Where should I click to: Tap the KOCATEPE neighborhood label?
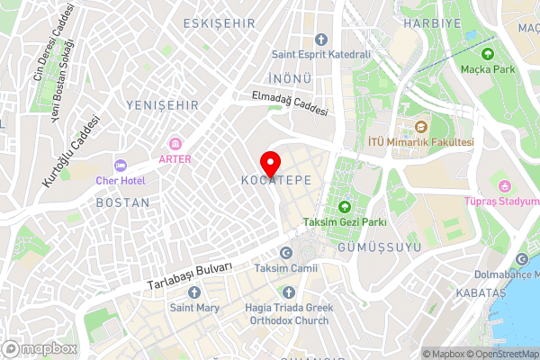click(276, 181)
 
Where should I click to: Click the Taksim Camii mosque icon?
click(286, 253)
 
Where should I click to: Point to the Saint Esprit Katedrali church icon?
click(322, 39)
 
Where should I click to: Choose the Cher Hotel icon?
click(120, 165)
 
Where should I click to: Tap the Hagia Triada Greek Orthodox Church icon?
click(287, 292)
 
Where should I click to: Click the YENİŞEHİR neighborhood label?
click(162, 105)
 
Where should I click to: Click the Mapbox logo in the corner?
click(39, 348)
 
